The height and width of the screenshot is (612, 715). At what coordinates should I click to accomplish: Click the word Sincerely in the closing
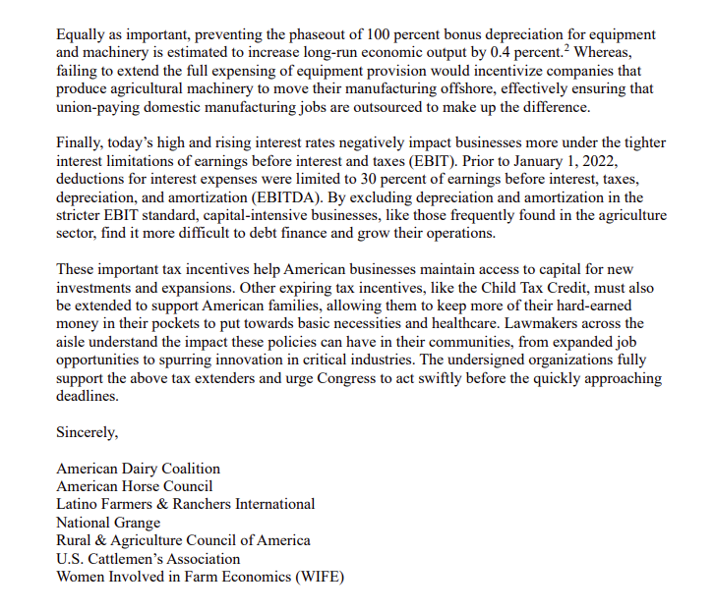89,431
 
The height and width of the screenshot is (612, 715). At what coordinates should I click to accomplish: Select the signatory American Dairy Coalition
138,469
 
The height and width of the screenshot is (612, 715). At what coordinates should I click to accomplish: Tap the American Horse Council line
134,486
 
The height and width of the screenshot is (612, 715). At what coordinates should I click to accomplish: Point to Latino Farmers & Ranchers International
186,504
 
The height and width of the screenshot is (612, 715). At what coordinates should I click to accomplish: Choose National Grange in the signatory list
108,522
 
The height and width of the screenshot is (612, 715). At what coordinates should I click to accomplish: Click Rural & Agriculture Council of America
183,539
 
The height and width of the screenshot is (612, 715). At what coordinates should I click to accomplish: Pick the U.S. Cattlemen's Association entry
149,558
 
